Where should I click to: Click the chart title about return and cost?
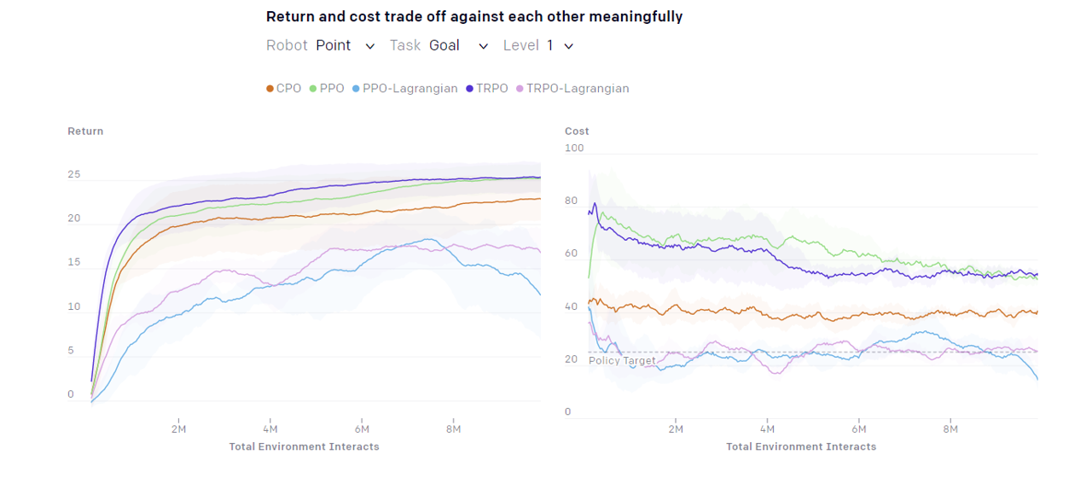[x=474, y=17]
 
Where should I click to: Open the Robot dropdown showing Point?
[x=345, y=46]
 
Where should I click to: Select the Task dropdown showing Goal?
[x=458, y=46]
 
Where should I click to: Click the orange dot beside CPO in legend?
[x=270, y=89]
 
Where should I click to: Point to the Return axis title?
[x=85, y=131]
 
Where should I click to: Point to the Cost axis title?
[x=577, y=131]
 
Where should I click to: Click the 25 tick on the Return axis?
[x=74, y=175]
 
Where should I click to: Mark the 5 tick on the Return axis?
[x=71, y=351]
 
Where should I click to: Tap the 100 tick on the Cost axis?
[x=574, y=149]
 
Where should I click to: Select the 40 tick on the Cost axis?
[x=572, y=306]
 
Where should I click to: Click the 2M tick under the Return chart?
[x=178, y=429]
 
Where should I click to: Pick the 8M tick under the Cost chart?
[x=950, y=429]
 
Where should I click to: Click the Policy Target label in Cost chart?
[x=622, y=361]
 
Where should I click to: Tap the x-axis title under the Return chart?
[x=304, y=446]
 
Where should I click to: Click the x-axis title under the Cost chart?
[x=801, y=446]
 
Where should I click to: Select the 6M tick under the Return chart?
[x=362, y=429]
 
